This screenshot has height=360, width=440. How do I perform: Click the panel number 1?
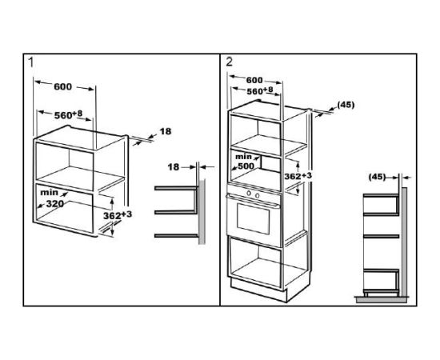[31, 62]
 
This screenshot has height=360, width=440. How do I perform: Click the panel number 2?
[230, 62]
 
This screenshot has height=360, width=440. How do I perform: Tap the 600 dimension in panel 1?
[63, 86]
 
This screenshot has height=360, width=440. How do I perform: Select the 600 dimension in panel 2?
[254, 80]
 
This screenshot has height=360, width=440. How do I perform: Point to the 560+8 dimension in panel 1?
[68, 114]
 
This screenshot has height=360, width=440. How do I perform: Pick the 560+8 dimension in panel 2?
[259, 90]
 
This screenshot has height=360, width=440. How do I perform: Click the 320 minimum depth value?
[55, 204]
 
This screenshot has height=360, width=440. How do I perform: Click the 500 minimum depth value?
[246, 166]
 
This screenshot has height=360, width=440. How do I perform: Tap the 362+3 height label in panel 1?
[118, 215]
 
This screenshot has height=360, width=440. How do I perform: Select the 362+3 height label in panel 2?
[298, 176]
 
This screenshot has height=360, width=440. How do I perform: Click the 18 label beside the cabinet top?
[166, 131]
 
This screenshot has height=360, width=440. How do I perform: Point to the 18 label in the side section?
[173, 167]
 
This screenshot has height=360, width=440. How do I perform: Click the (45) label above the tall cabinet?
[346, 105]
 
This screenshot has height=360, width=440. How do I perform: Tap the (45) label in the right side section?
[377, 177]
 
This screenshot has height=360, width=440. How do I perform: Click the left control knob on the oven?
[249, 193]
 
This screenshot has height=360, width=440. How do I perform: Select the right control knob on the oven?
[258, 195]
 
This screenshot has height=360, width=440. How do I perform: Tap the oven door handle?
[253, 201]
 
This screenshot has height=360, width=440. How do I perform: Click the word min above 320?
[49, 193]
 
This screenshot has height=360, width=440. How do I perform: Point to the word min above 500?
[243, 156]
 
